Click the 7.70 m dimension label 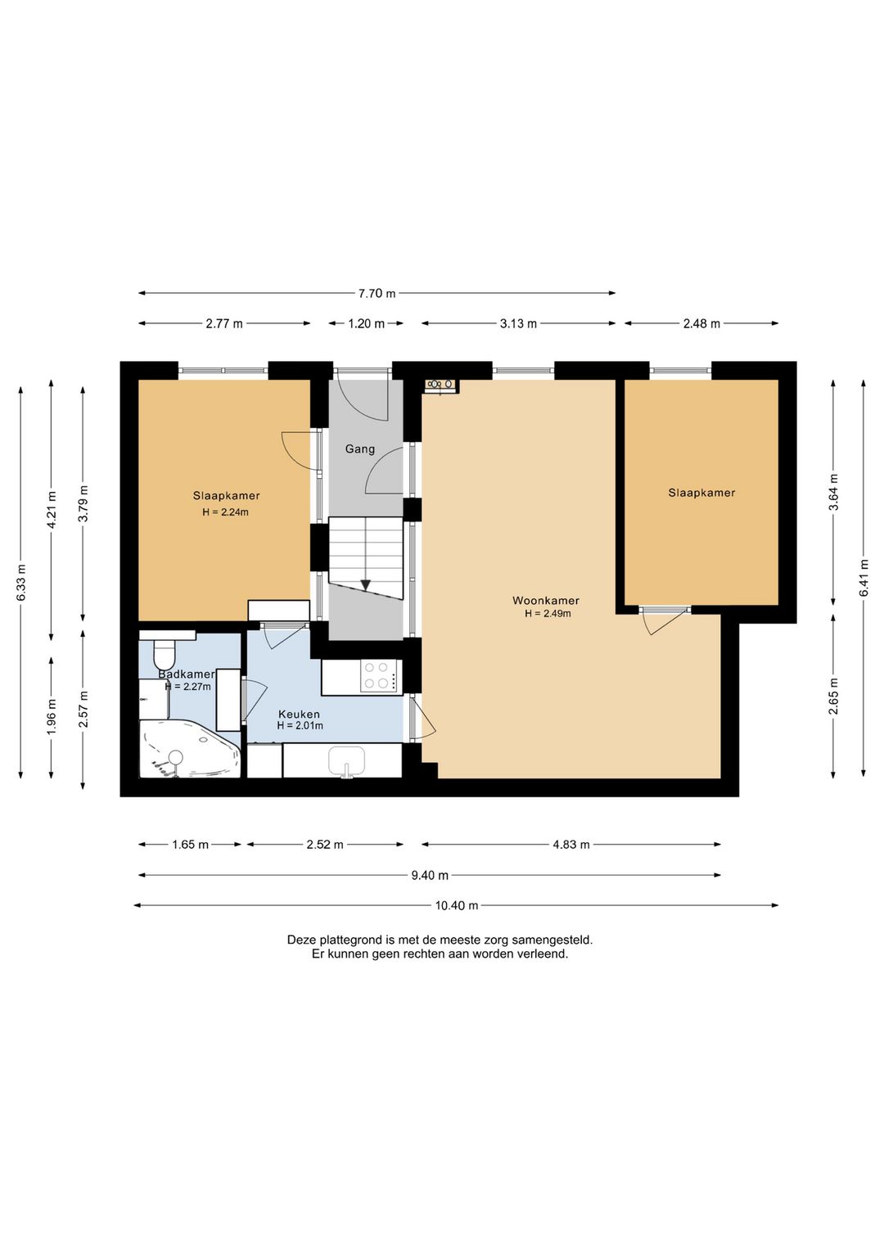click(x=377, y=293)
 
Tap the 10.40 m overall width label click(x=457, y=905)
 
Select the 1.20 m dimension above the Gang click(x=367, y=324)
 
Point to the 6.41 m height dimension click(x=864, y=578)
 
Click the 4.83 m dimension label click(x=571, y=845)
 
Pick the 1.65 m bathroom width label click(x=190, y=845)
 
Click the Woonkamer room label click(x=546, y=601)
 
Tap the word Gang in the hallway click(x=359, y=449)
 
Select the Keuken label click(x=300, y=715)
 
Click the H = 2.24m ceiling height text click(x=225, y=512)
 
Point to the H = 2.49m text click(x=548, y=614)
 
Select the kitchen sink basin click(x=346, y=760)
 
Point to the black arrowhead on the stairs click(x=365, y=585)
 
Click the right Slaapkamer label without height click(x=701, y=493)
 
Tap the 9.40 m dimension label click(x=430, y=876)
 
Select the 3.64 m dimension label click(x=833, y=493)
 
